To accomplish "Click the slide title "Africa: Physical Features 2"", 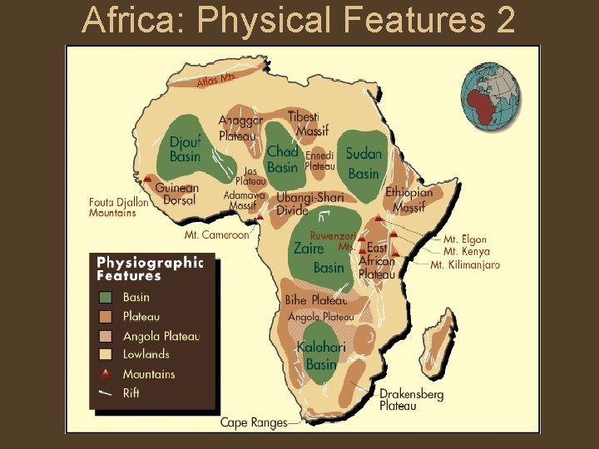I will [299, 20].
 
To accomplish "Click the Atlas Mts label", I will [215, 80].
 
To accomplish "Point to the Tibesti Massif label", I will [310, 124].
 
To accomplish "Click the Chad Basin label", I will [282, 159].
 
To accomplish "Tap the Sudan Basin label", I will [364, 163].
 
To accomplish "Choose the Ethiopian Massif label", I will [409, 199].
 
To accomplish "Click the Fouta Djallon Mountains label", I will [118, 207].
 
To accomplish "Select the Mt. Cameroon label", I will [216, 234].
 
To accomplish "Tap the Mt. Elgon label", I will [465, 239].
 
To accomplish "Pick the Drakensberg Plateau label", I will [411, 400].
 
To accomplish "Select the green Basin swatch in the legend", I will [106, 297].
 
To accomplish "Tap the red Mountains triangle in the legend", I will [106, 374].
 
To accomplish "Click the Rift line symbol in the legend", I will [106, 393].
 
